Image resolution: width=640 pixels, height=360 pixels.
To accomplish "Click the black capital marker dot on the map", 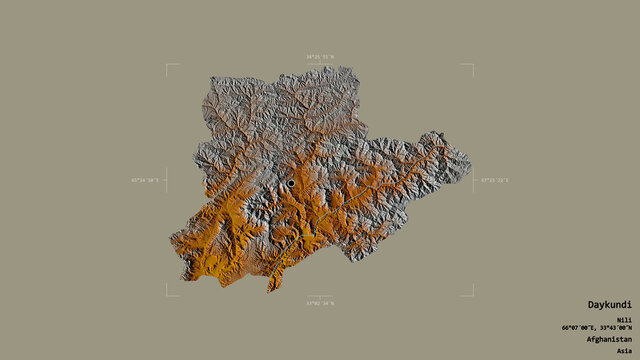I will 291,183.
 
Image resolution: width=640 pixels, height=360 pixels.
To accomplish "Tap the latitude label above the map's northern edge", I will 319,58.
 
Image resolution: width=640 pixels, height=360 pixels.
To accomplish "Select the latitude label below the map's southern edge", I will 319,303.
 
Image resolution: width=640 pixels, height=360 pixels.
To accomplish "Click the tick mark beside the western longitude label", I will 166,181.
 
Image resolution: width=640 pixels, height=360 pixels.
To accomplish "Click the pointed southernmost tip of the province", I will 270,292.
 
